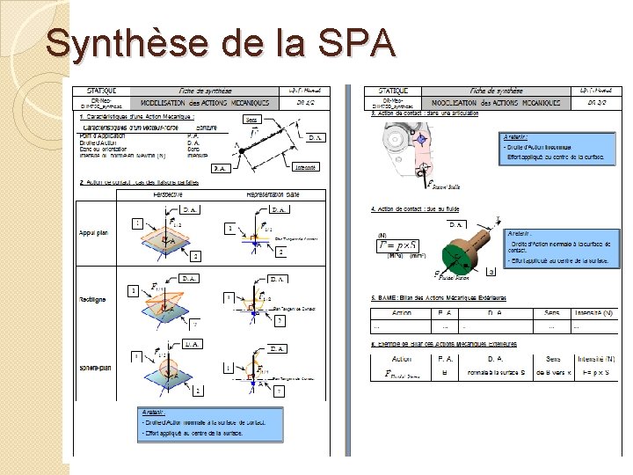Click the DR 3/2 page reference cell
[x=600, y=103]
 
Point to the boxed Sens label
[x=251, y=119]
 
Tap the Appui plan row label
[x=93, y=233]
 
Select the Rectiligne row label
[x=92, y=299]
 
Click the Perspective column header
[x=174, y=194]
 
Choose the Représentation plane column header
[x=274, y=194]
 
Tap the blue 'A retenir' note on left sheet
[x=210, y=425]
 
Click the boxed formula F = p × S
[x=399, y=245]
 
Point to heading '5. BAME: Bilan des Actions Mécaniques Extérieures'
[x=444, y=297]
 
